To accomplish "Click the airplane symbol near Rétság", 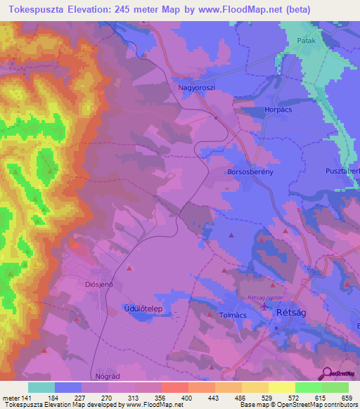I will pos(264,306).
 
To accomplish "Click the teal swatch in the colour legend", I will pos(41,387).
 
